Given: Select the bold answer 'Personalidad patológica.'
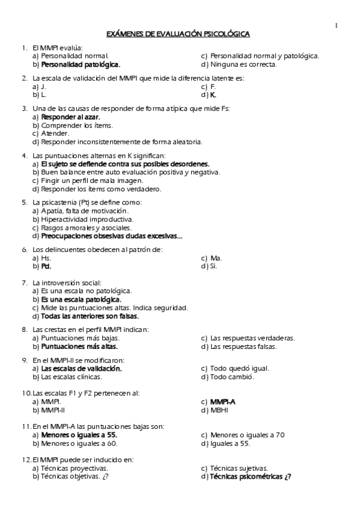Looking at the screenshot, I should (x=81, y=64).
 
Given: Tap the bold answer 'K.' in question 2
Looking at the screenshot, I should (x=213, y=95).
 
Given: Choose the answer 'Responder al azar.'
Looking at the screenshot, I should (x=70, y=117).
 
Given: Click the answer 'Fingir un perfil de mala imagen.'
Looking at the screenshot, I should (x=92, y=180).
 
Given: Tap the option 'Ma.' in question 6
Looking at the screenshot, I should (x=216, y=257).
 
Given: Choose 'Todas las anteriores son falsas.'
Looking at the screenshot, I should (x=90, y=316).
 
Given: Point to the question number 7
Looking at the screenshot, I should (x=24, y=282).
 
